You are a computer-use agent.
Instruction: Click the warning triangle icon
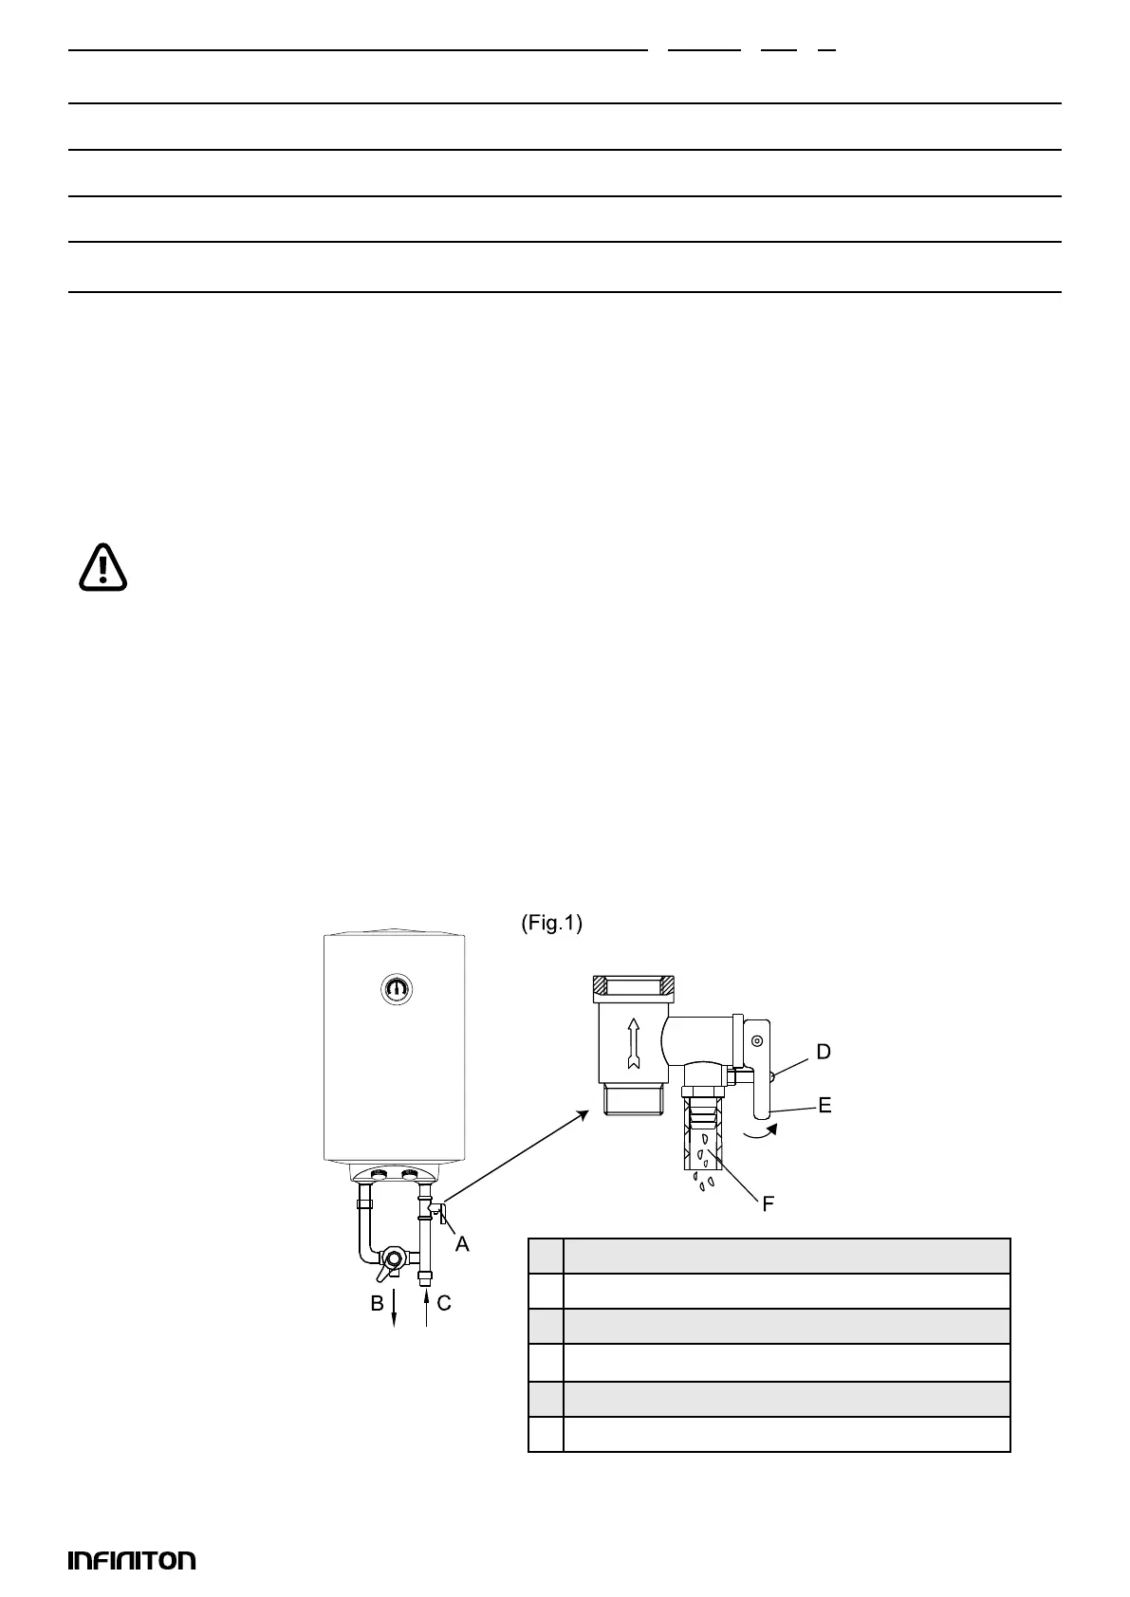click(102, 567)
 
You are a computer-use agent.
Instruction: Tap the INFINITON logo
click(132, 1560)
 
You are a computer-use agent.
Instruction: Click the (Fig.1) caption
click(551, 924)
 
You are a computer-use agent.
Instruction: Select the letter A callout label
click(462, 1244)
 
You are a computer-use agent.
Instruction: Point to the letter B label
click(378, 1303)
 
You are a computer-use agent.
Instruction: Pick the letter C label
click(444, 1303)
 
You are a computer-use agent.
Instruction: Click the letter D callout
click(824, 1052)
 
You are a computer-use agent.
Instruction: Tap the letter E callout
click(824, 1105)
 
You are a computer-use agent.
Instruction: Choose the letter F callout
click(769, 1204)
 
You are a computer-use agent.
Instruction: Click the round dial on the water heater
click(397, 989)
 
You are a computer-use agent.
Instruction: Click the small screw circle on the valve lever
click(757, 1041)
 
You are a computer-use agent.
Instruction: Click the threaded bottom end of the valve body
click(634, 1100)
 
